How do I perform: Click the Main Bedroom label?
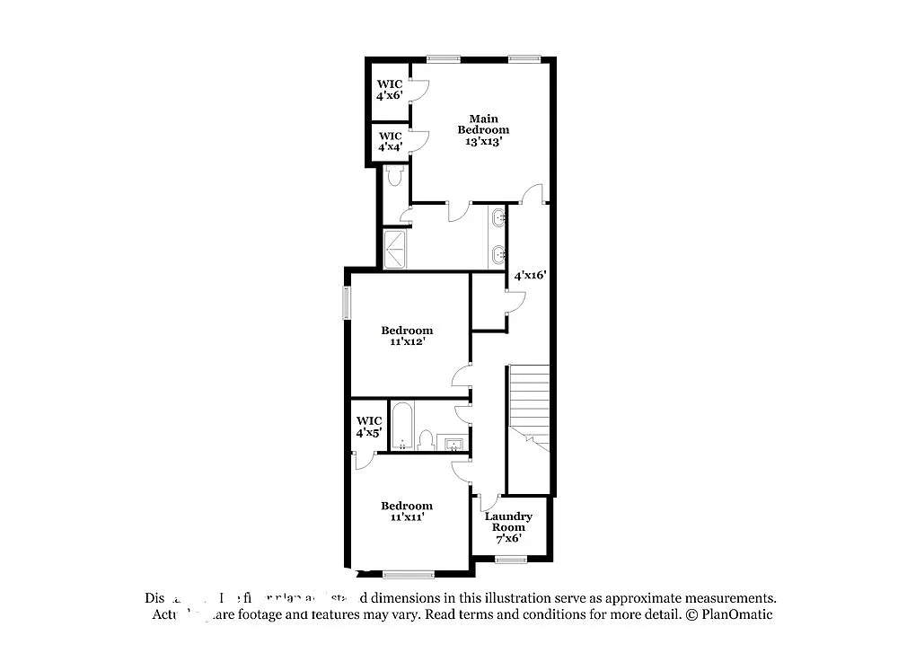click(x=483, y=124)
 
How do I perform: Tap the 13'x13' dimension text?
click(x=483, y=141)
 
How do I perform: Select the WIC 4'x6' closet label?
click(x=389, y=89)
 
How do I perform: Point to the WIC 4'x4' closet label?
click(x=390, y=141)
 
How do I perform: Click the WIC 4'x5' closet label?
click(x=369, y=427)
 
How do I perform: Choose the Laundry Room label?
click(x=508, y=522)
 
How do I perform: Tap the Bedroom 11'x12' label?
click(x=407, y=336)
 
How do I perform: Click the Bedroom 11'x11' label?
click(x=407, y=511)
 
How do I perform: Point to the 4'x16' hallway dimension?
click(x=530, y=276)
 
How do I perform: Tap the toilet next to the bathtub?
click(x=427, y=439)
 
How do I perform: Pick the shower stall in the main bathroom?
click(x=396, y=249)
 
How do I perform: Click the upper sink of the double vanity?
click(x=497, y=217)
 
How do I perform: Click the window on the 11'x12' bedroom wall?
click(x=346, y=303)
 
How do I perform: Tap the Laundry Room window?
click(x=510, y=560)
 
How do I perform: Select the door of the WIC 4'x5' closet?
click(x=363, y=460)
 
